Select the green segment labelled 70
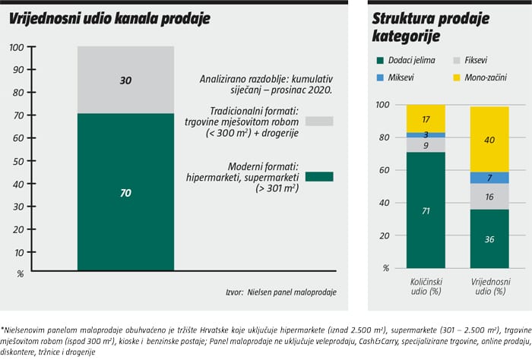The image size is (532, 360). pyautogui.click(x=125, y=192)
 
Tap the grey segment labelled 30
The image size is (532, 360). pyautogui.click(x=125, y=80)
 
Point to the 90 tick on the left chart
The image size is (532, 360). pyautogui.click(x=17, y=70)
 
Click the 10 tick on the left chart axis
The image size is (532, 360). pyautogui.click(x=17, y=252)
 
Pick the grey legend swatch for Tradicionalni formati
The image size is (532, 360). pyautogui.click(x=318, y=120)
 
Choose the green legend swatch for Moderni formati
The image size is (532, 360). pyautogui.click(x=318, y=176)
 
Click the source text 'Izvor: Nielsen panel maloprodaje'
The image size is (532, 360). pyautogui.click(x=280, y=292)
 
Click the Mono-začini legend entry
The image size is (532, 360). pyautogui.click(x=480, y=77)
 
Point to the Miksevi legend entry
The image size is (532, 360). pyautogui.click(x=402, y=77)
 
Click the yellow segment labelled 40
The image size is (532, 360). pyautogui.click(x=489, y=139)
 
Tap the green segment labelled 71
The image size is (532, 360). pyautogui.click(x=426, y=210)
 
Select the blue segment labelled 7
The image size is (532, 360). pyautogui.click(x=489, y=178)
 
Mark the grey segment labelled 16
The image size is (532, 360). pyautogui.click(x=489, y=197)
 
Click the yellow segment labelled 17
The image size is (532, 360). pyautogui.click(x=426, y=118)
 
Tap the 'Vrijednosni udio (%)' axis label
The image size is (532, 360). pyautogui.click(x=489, y=286)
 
